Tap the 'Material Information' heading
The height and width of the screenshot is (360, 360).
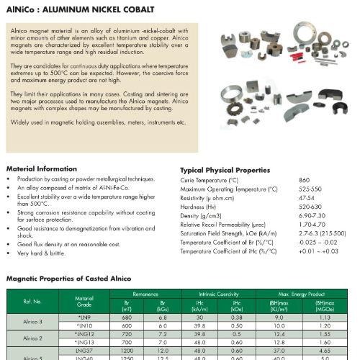point(41,168)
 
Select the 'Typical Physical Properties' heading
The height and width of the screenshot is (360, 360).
point(225,170)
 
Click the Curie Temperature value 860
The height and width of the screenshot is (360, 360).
point(305,179)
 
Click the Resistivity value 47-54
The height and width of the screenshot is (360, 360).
point(307,197)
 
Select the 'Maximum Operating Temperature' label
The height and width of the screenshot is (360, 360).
point(228,189)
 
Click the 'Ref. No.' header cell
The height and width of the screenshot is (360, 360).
point(32,302)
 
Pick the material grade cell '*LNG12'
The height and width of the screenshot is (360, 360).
point(85,334)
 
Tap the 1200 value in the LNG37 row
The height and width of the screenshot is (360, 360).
point(127,351)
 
